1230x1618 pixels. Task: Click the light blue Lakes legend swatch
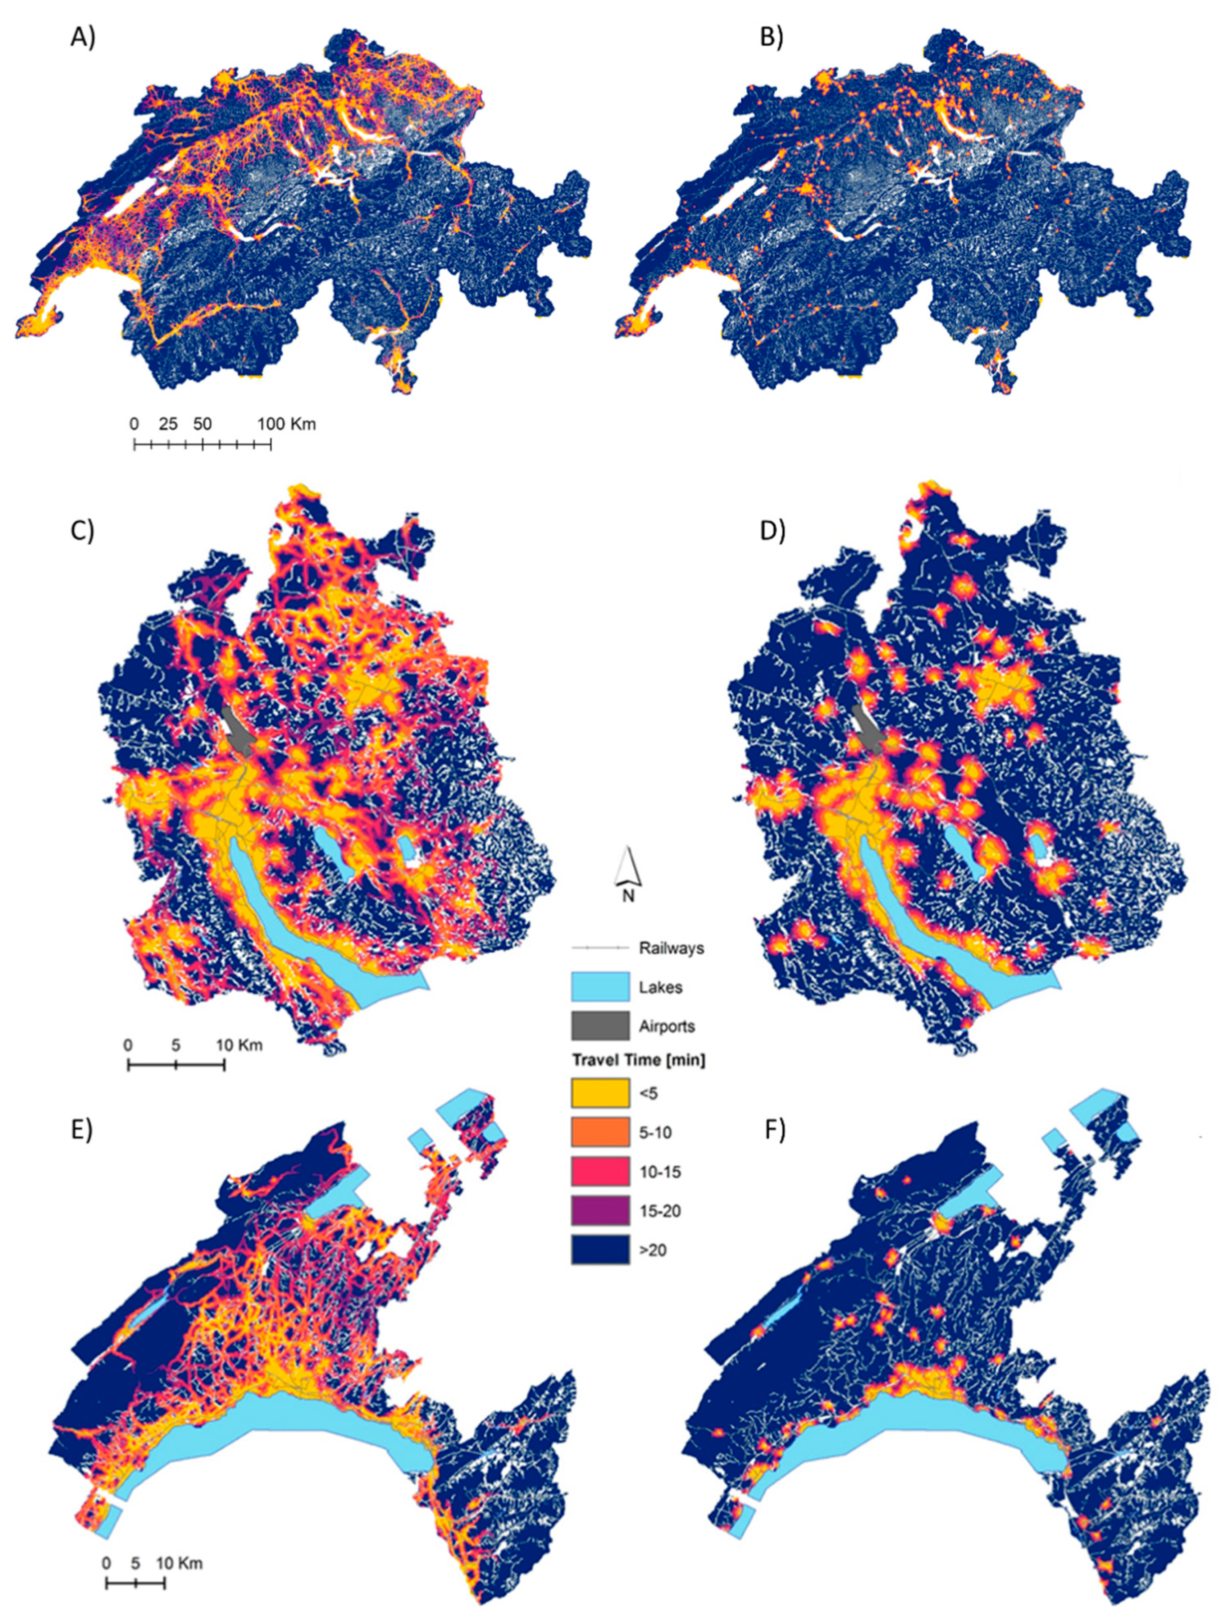click(600, 987)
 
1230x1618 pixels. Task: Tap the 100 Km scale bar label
click(286, 424)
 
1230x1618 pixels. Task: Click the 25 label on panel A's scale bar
click(168, 424)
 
